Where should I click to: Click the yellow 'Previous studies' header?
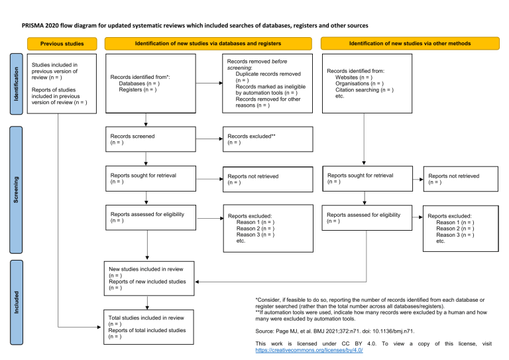62,43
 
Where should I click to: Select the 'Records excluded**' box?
267,139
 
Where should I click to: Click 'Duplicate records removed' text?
269,74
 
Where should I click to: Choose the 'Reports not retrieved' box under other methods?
461,179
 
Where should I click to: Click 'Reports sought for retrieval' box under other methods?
363,179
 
